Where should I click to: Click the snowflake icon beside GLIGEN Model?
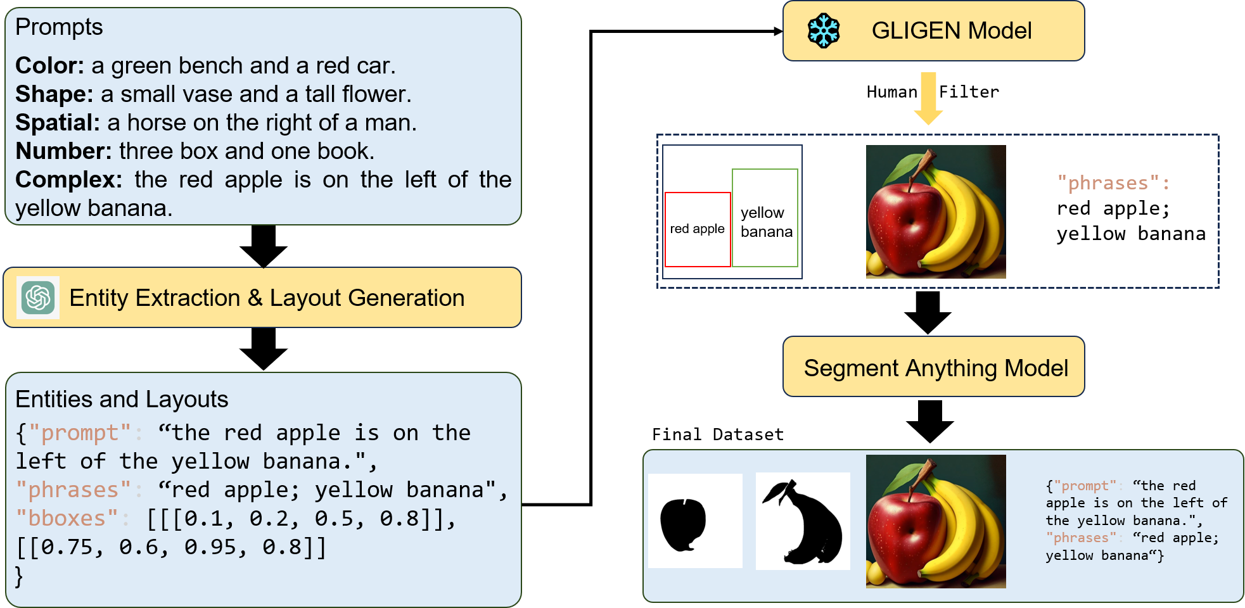[824, 31]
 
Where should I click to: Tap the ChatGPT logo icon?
[38, 298]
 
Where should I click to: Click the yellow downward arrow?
[928, 99]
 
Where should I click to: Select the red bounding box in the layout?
[698, 229]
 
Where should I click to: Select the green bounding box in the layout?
[765, 217]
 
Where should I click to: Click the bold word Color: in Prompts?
[49, 66]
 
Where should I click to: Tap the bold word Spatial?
[57, 123]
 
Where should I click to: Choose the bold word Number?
[63, 151]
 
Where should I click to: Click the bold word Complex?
[68, 180]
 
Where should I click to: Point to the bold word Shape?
[54, 94]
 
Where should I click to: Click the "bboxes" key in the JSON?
[67, 519]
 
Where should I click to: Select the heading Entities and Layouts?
[122, 400]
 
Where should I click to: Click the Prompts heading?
[59, 27]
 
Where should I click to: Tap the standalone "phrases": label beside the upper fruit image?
[1113, 183]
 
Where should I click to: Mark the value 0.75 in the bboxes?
[67, 547]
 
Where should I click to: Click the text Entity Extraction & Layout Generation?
[267, 298]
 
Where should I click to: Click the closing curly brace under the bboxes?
[19, 576]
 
